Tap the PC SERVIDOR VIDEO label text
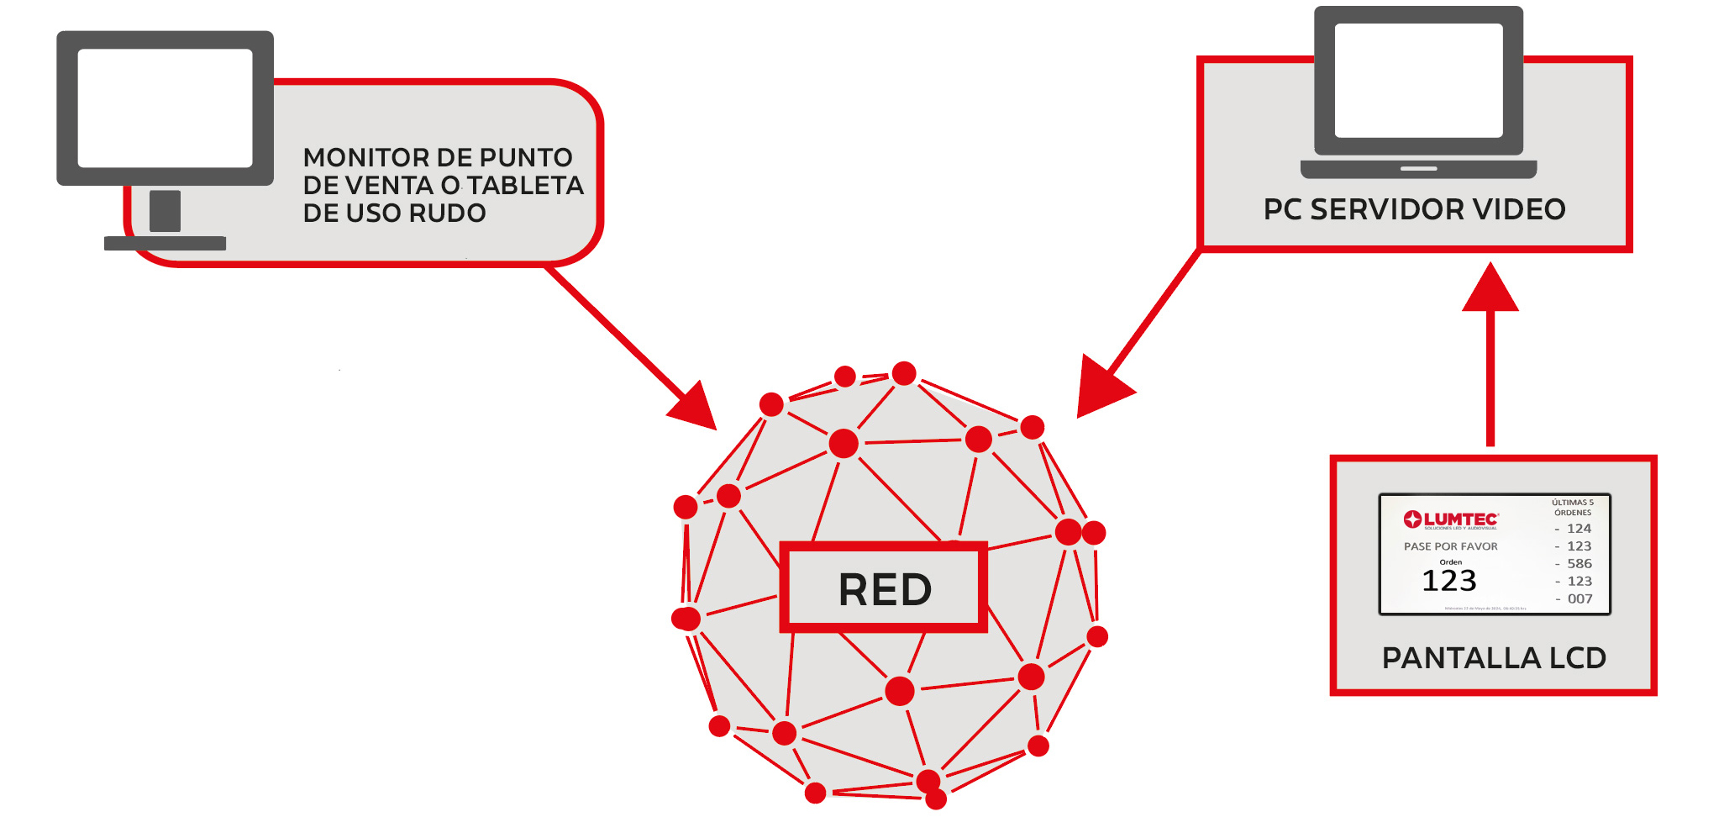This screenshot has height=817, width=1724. [1414, 209]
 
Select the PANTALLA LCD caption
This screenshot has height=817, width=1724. [1494, 657]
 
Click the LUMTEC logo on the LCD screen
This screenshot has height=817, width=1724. [1451, 520]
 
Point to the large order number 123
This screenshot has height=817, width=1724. [1448, 581]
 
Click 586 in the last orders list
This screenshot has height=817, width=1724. [1579, 564]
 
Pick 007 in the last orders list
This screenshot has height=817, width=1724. [1579, 599]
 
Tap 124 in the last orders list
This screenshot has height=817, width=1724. [1579, 529]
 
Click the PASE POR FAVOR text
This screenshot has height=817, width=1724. [1451, 546]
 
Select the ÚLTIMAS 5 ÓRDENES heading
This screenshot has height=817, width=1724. [1572, 507]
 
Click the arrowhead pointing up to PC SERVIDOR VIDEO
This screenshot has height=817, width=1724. [1490, 289]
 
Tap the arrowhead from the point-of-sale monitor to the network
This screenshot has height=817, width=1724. [695, 408]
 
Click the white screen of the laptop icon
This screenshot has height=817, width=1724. [1418, 80]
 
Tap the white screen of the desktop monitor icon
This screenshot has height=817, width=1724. [165, 108]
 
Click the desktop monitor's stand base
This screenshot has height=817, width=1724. [165, 244]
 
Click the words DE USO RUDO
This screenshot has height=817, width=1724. [394, 213]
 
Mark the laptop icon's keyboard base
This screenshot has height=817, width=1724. [1418, 169]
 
